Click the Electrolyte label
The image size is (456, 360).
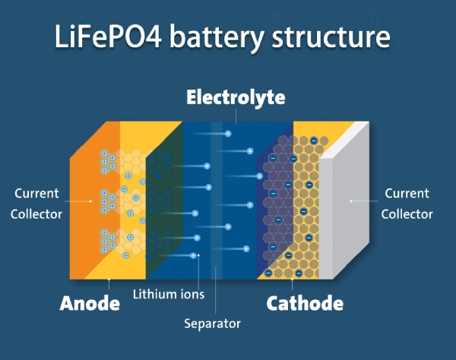236,98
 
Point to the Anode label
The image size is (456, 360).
90,304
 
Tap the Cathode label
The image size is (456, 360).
305,304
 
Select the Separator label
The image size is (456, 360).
212,324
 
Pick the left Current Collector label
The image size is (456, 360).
36,204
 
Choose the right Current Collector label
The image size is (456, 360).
407,204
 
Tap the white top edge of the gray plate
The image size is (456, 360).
347,140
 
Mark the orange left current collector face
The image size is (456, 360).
84,205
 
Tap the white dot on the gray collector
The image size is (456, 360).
350,201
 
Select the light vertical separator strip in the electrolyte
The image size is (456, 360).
217,197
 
